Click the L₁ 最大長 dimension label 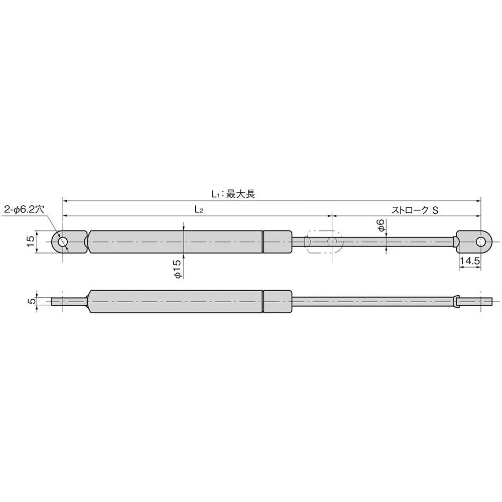[233, 194]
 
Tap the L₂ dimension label [199, 210]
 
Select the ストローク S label [415, 210]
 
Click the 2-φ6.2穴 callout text [24, 210]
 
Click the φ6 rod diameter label [381, 225]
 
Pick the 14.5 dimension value [469, 262]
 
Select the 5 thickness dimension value [31, 301]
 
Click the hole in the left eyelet [63, 242]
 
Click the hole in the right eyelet [481, 242]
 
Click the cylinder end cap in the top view [278, 242]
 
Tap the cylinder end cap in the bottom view [278, 301]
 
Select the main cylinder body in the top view [176, 242]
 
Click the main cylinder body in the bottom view [176, 301]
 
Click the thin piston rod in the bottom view [371, 301]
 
